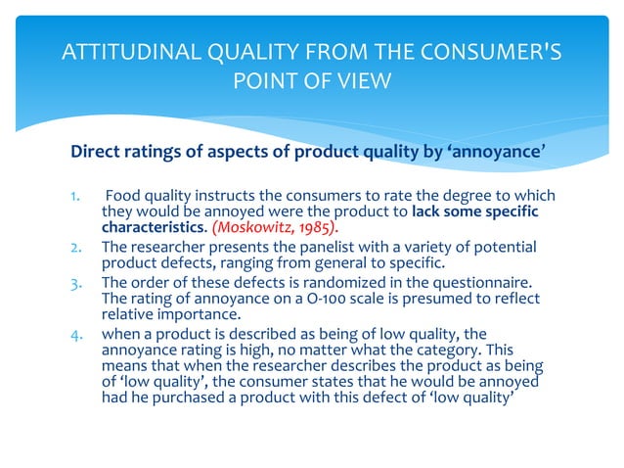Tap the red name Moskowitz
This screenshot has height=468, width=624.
coord(242,229)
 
